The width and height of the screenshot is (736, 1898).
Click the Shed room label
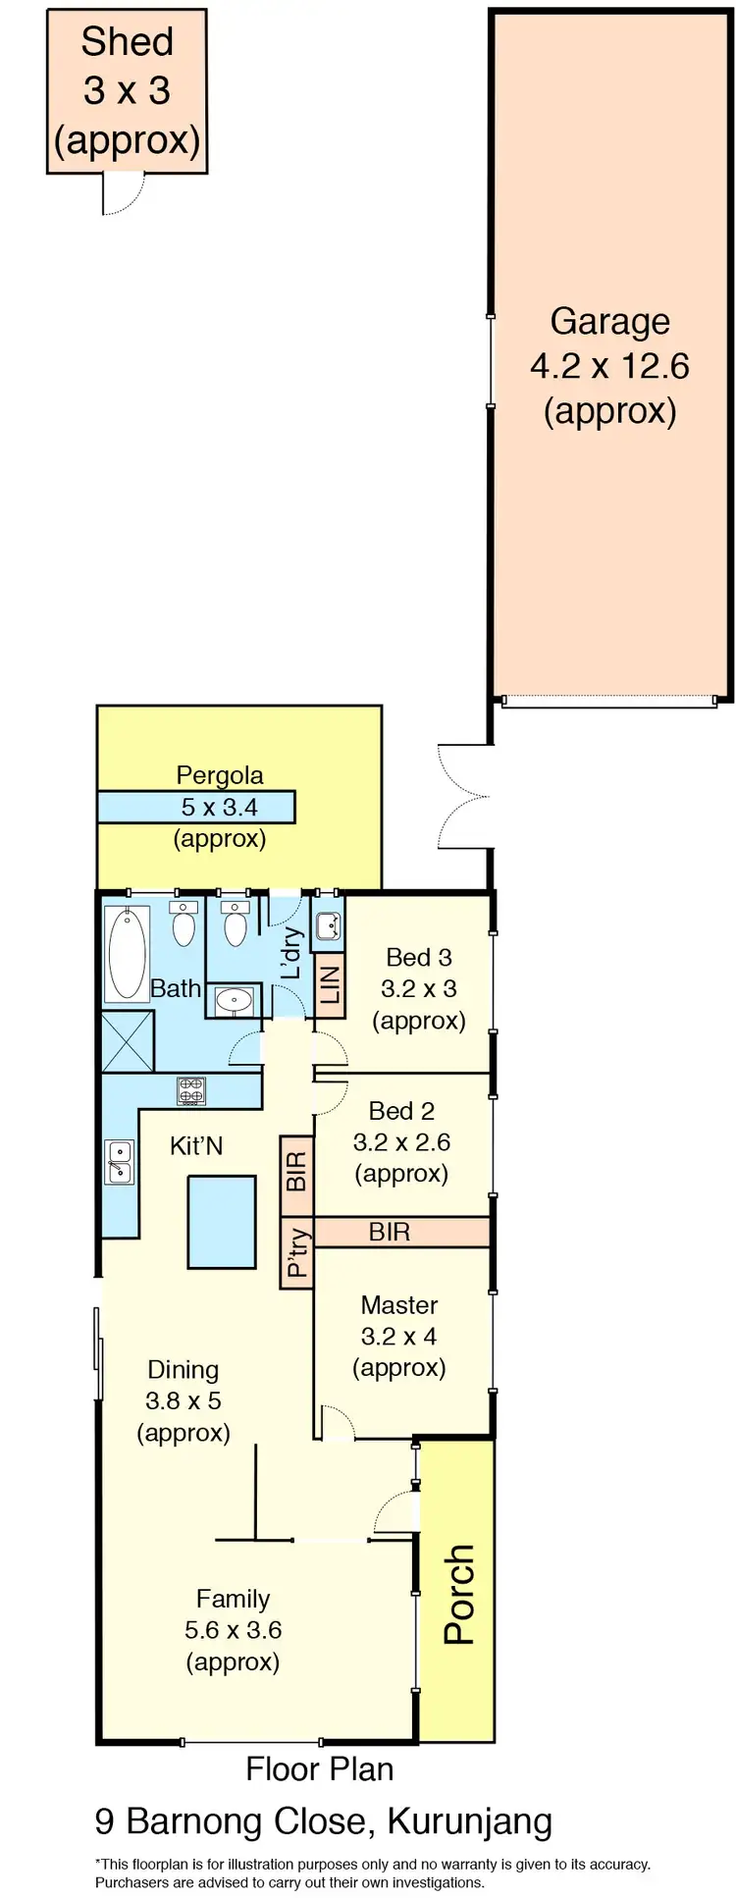[x=127, y=42]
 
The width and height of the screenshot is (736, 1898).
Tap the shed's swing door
[x=124, y=193]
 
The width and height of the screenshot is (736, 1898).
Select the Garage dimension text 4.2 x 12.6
[x=609, y=366]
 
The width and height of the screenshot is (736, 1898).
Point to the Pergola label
[x=220, y=775]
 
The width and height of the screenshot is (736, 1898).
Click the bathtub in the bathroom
[x=128, y=952]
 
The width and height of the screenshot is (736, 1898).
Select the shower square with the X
[x=128, y=1041]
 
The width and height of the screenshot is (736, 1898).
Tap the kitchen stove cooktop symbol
[x=190, y=1089]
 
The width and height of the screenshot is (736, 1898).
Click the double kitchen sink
[x=119, y=1162]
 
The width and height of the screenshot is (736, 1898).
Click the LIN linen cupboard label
[x=330, y=984]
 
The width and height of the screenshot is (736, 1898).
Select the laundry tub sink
[x=329, y=925]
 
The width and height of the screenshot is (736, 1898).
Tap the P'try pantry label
[x=296, y=1253]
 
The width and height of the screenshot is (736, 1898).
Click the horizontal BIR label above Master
[x=390, y=1232]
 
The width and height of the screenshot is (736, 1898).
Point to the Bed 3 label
[x=419, y=957]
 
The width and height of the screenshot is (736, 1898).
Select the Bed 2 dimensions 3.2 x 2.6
[x=401, y=1142]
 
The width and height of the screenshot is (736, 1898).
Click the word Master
[x=398, y=1305]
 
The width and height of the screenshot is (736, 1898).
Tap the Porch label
[x=458, y=1595]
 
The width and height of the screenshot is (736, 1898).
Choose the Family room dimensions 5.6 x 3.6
[x=233, y=1630]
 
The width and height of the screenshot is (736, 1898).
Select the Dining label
[x=183, y=1370]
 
